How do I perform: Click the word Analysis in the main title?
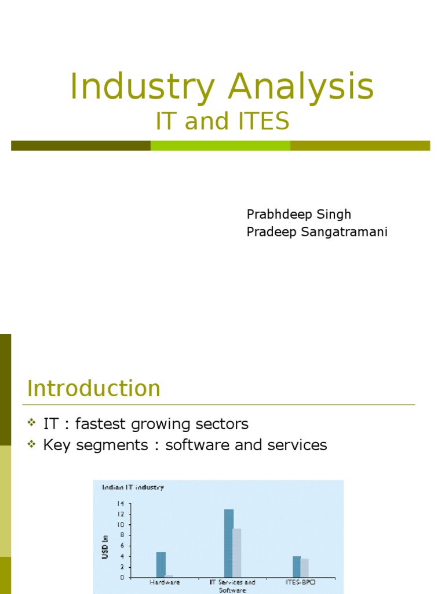(301, 87)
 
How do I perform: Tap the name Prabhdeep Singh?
(299, 214)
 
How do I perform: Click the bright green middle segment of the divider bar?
(220, 146)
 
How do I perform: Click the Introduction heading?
(94, 389)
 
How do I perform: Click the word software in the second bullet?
(195, 445)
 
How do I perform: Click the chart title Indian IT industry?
(133, 487)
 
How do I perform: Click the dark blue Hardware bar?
(161, 564)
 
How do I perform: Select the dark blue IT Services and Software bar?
(229, 543)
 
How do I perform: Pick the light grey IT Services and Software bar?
(237, 553)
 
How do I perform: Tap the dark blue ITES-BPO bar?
(297, 567)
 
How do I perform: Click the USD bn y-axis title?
(105, 546)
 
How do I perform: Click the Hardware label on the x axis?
(165, 582)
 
